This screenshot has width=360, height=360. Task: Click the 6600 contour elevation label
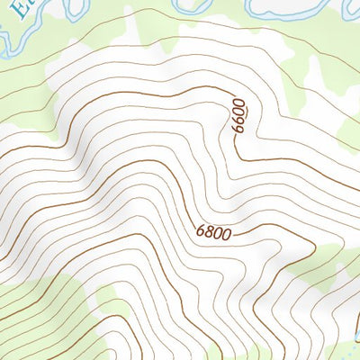[x=238, y=116]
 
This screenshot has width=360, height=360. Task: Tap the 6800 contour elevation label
[x=214, y=233]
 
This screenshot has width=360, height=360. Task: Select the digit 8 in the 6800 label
[x=211, y=233]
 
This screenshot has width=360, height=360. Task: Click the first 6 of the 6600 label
[x=238, y=129]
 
